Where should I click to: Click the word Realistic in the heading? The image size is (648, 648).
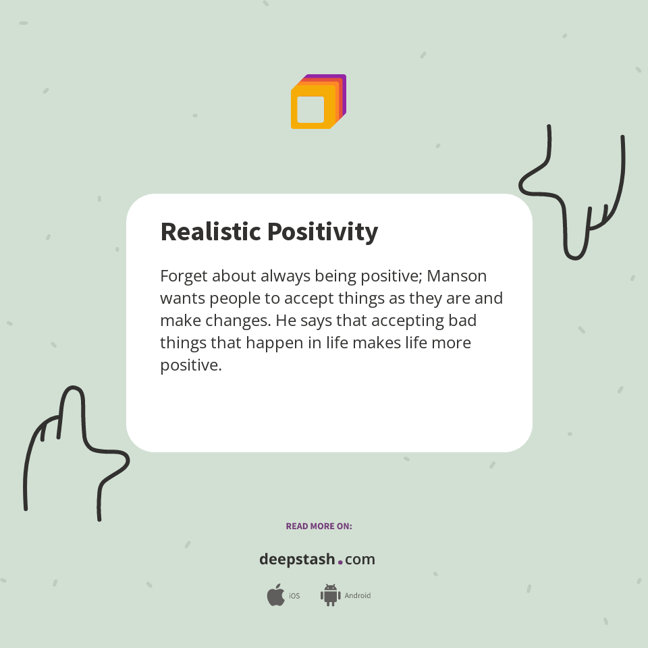pos(210,232)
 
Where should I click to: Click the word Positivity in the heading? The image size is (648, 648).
pos(323,232)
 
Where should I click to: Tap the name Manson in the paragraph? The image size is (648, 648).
pos(457,277)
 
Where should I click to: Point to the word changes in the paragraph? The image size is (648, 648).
pos(233,321)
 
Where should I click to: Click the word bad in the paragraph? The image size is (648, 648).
pos(462,321)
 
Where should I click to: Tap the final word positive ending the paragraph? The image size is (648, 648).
pos(190,365)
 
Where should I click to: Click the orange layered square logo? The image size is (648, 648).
pos(318,102)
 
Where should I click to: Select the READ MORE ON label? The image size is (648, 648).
pos(319,526)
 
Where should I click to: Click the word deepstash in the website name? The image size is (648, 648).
pos(297,560)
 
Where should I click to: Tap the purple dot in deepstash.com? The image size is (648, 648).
pos(340,562)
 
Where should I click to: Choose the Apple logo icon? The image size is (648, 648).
pos(275,595)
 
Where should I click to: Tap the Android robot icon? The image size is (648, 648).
pos(330,595)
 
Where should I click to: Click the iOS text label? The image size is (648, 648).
pos(294,596)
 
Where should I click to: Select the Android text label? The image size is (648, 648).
pos(358,596)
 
